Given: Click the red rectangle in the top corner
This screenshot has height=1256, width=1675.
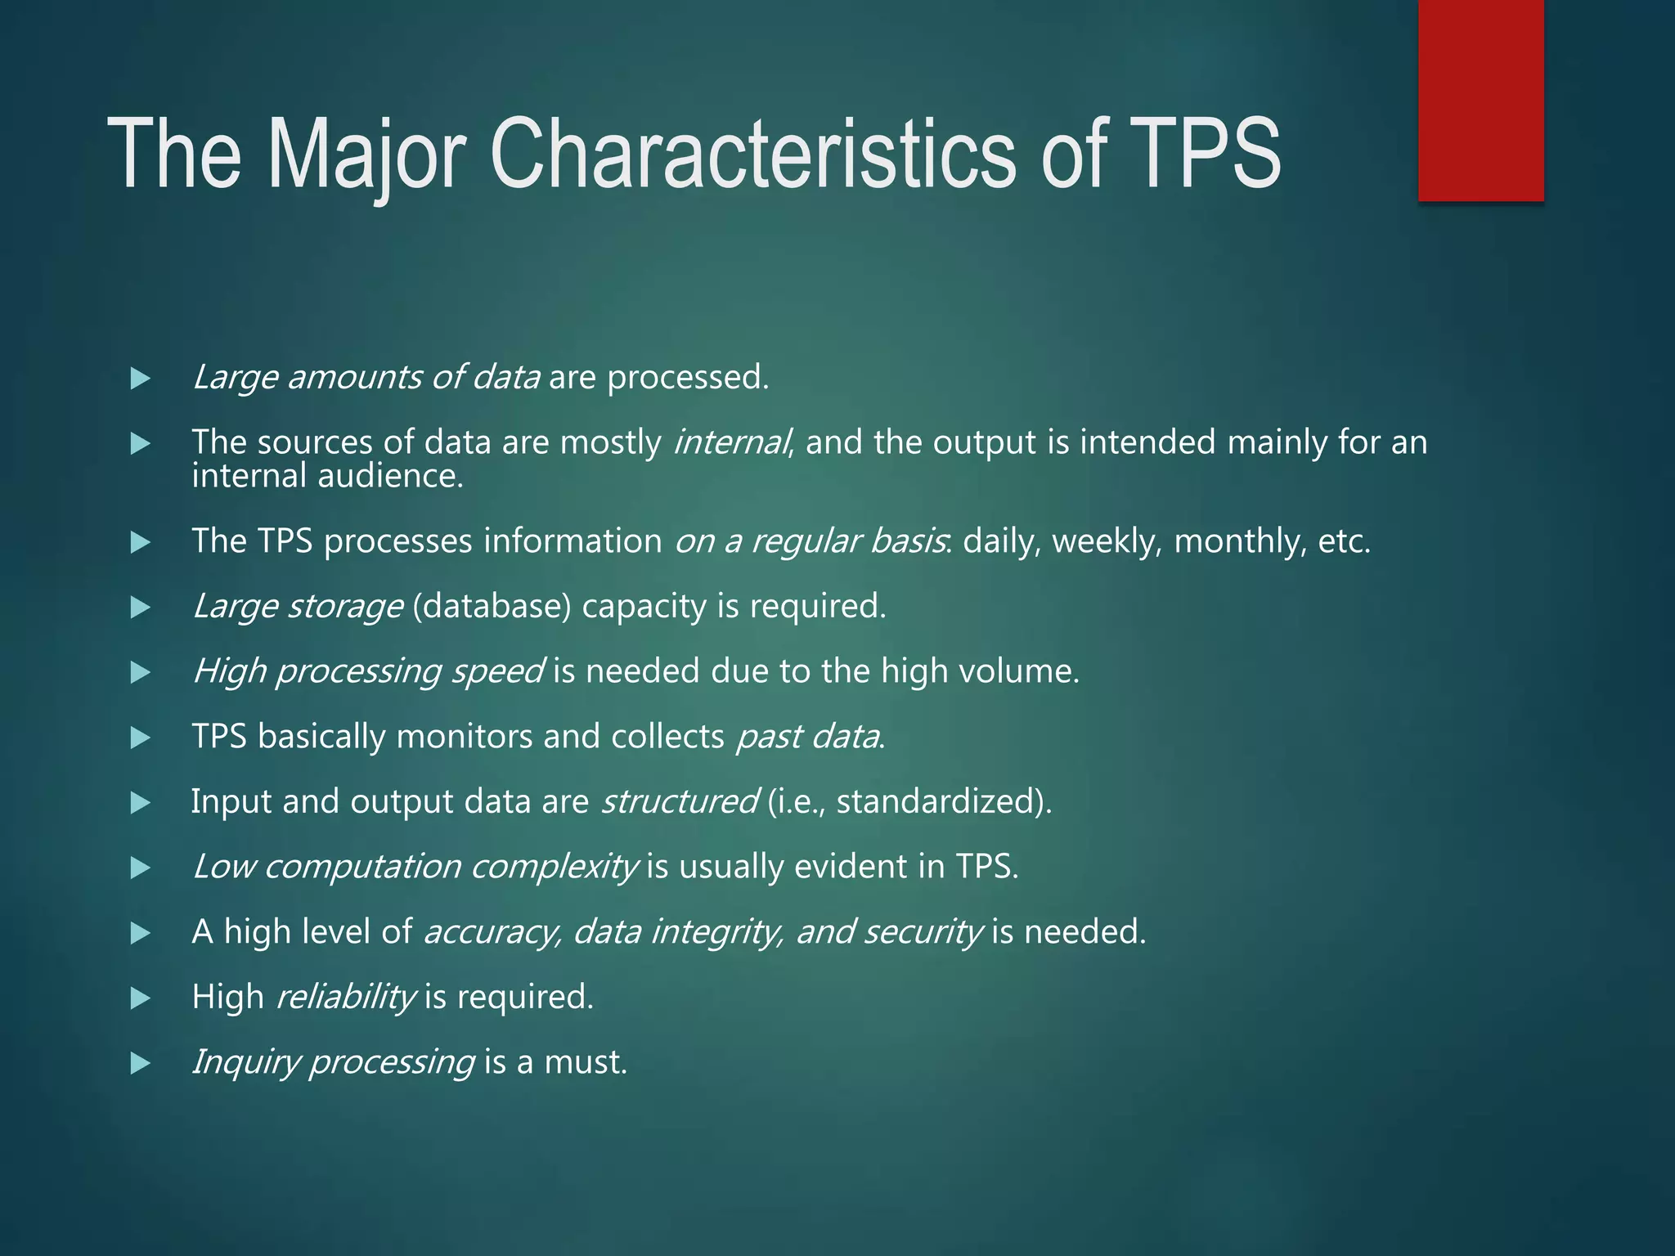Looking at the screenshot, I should pyautogui.click(x=1480, y=100).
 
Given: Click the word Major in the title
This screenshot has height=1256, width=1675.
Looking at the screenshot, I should pyautogui.click(x=366, y=155).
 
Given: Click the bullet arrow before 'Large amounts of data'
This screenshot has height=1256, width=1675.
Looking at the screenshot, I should pyautogui.click(x=141, y=379).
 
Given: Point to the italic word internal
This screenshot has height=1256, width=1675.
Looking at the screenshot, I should pyautogui.click(x=730, y=442).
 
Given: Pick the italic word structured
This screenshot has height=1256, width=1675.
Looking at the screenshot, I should pyautogui.click(x=679, y=801).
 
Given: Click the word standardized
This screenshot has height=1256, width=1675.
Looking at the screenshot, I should pyautogui.click(x=938, y=801).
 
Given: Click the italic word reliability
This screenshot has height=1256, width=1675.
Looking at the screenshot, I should pyautogui.click(x=345, y=997).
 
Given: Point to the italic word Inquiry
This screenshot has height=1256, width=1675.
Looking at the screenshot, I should pyautogui.click(x=245, y=1062).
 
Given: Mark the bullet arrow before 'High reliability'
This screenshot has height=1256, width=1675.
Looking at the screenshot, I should pyautogui.click(x=141, y=998).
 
